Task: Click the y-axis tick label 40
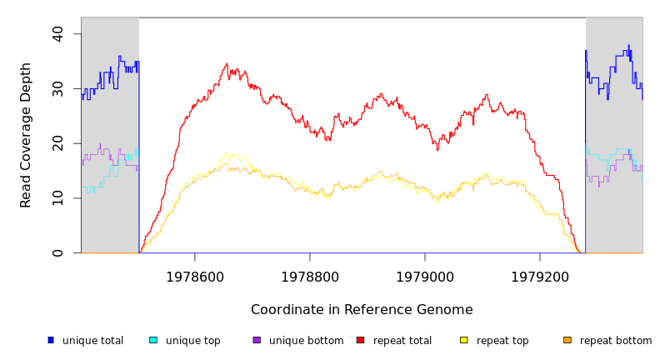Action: [57, 33]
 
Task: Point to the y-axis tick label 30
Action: [57, 88]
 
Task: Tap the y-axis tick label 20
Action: [57, 143]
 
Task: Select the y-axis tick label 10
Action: [57, 198]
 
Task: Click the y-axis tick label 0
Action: [57, 252]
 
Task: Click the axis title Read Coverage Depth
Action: [27, 135]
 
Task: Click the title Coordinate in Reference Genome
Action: [362, 310]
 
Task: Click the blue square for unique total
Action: [50, 340]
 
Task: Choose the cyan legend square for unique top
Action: [153, 340]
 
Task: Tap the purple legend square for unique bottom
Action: [257, 340]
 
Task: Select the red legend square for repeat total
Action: [360, 340]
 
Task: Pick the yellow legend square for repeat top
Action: [464, 340]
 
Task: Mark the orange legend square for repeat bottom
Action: [567, 340]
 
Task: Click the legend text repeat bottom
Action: [616, 341]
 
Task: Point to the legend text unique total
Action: [92, 341]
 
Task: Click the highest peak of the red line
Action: [227, 63]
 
